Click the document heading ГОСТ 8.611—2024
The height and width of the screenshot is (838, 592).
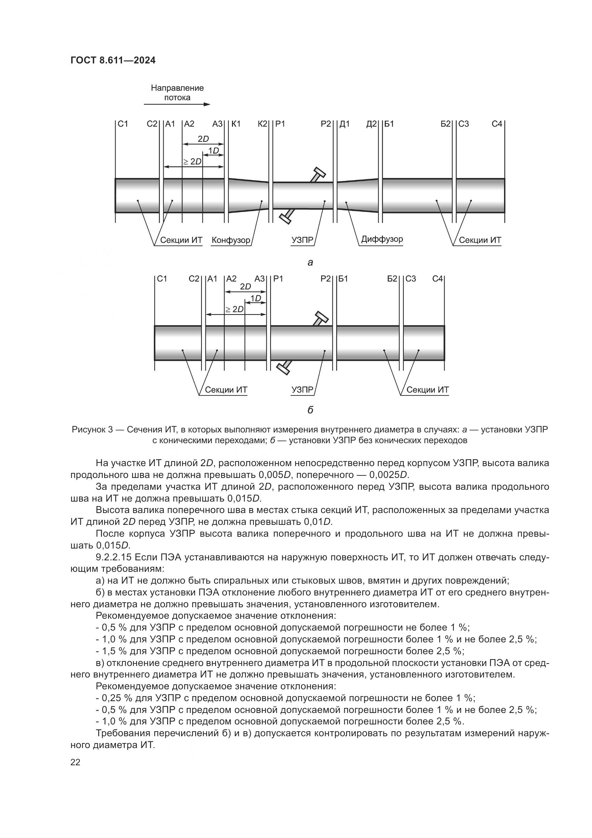(113, 61)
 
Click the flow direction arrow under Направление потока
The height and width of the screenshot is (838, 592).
(177, 105)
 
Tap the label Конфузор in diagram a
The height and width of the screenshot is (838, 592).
(231, 240)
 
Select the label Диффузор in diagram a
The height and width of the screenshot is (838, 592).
(382, 239)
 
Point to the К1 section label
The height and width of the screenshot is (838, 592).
(236, 124)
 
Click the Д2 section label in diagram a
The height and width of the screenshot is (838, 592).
(372, 124)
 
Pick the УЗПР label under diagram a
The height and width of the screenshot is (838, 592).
(302, 240)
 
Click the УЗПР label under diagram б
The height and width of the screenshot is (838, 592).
(302, 390)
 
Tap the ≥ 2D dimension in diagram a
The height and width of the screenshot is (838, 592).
(192, 162)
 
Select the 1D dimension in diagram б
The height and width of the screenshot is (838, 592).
(256, 298)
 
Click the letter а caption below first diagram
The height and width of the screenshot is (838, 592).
(310, 262)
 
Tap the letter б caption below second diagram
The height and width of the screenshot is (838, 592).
(310, 410)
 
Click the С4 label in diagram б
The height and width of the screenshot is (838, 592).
(437, 279)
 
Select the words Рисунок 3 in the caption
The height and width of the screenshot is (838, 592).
(92, 430)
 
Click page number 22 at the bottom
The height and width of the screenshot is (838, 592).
(76, 762)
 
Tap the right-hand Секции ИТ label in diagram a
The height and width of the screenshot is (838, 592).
(480, 240)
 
